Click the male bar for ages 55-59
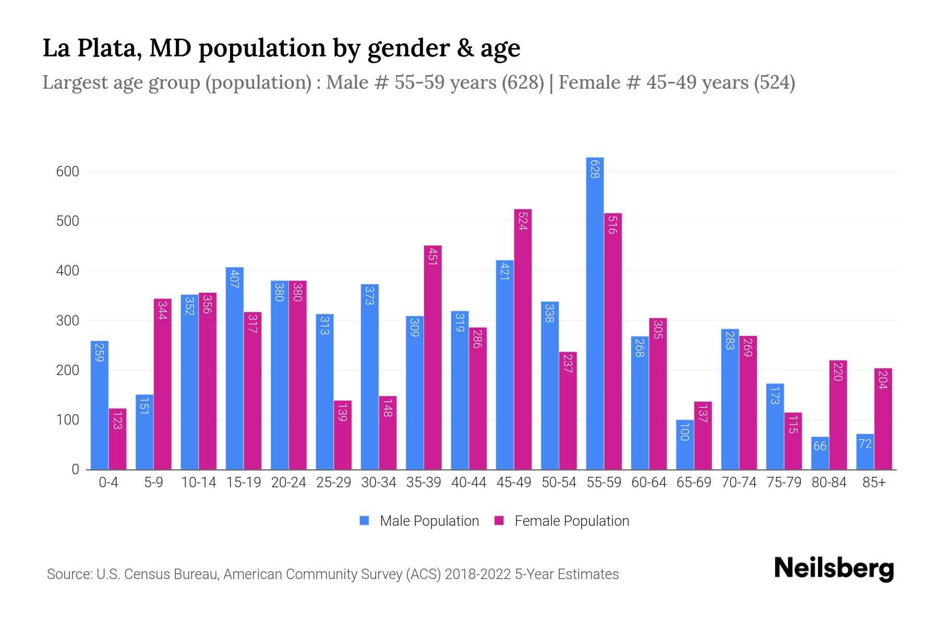click(x=595, y=313)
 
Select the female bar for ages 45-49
click(x=523, y=339)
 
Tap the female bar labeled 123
click(x=117, y=439)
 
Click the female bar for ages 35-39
click(x=432, y=357)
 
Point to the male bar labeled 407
click(x=234, y=368)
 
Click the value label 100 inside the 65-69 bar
click(x=684, y=432)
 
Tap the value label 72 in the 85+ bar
click(x=865, y=444)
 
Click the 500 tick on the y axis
click(x=68, y=221)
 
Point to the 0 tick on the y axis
click(x=75, y=469)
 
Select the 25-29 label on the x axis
click(x=333, y=483)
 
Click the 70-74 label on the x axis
click(x=739, y=483)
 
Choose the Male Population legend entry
click(x=429, y=521)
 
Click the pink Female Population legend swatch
click(x=499, y=521)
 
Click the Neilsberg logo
click(x=834, y=569)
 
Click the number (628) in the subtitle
click(x=523, y=82)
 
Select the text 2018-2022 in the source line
click(x=478, y=574)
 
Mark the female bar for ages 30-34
click(x=388, y=433)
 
